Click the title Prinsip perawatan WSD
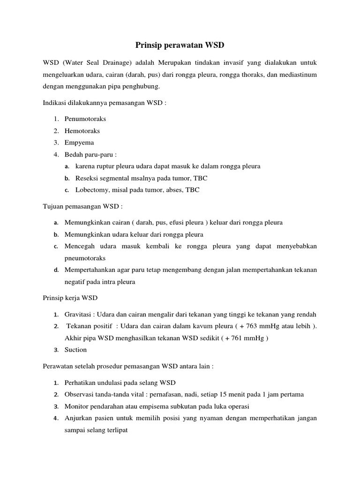(x=180, y=45)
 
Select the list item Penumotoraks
(x=86, y=119)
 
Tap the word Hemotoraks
(x=82, y=131)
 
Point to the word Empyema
(x=79, y=142)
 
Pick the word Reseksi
(x=86, y=178)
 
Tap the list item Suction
(x=75, y=350)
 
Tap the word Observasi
(x=79, y=394)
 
